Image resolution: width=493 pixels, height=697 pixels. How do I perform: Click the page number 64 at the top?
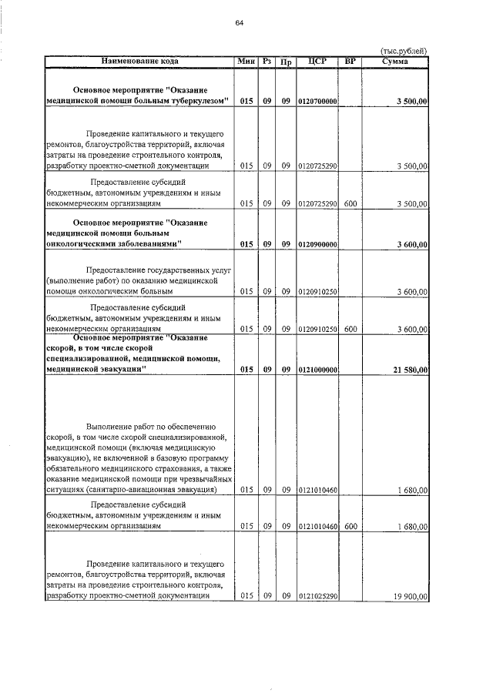pos(239,22)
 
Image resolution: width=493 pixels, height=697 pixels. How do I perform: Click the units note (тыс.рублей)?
pos(404,50)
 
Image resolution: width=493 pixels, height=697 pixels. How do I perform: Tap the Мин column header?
pos(246,60)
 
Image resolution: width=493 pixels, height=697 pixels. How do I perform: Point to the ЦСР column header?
pos(317,60)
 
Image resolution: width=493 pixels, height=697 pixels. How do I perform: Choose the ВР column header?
pos(350,60)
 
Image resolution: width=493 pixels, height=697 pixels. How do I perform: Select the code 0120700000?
pos(317,101)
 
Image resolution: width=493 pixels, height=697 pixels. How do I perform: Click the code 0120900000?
pos(317,244)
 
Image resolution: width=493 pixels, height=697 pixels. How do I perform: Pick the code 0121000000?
pos(317,370)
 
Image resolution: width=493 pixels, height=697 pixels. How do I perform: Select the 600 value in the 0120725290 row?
pos(350,204)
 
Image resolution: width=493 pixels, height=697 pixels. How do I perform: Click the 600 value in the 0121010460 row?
pos(350,527)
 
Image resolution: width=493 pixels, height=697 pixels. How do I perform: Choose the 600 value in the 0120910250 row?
pos(350,329)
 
